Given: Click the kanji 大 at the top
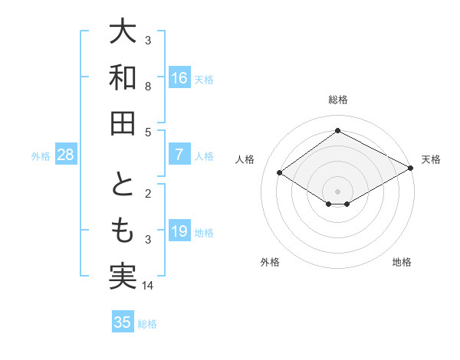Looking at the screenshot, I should click(123, 32).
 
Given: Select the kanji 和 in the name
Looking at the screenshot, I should click(123, 78).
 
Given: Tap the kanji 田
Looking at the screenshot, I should click(123, 123).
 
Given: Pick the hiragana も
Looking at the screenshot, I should click(123, 231).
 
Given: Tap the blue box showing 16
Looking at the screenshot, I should click(179, 78).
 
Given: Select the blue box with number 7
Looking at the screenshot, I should click(179, 155).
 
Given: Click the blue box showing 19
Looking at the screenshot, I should click(179, 231).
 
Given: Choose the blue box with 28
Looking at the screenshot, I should click(66, 155).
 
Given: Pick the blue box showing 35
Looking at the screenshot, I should click(123, 322).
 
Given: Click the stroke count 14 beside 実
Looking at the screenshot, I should click(148, 286).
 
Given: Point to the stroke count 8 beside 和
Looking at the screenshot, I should click(148, 87).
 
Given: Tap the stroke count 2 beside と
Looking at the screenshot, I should click(148, 194).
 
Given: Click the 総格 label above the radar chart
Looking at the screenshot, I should click(337, 100).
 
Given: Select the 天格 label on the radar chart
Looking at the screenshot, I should click(431, 159).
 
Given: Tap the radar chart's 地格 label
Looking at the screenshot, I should click(402, 262).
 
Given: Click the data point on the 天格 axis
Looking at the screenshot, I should click(410, 168).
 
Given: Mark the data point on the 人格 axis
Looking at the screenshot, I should click(280, 173).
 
